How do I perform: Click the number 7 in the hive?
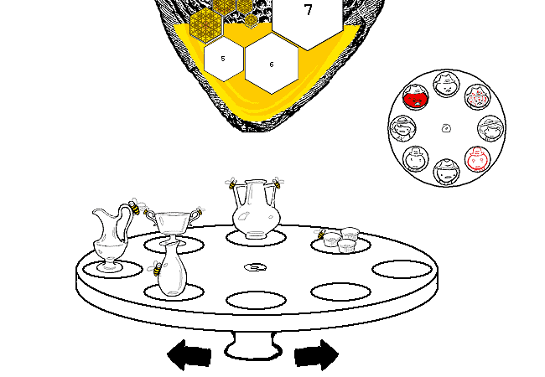coord(308,10)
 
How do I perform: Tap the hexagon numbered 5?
coord(224,59)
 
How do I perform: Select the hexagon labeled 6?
coord(272,64)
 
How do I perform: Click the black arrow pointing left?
coord(189,354)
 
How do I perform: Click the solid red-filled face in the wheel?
coord(416,97)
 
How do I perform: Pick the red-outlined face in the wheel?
coord(478,159)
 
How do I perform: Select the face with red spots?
coord(478,97)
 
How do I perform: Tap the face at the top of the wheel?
coord(447,85)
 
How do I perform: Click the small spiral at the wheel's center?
coord(447,128)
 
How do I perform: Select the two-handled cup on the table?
coord(173,224)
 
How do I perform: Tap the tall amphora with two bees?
coord(257,209)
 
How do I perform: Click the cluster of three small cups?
coord(340,240)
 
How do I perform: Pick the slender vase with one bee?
coord(173,270)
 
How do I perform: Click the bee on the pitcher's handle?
coord(134,207)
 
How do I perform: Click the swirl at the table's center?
coord(256,267)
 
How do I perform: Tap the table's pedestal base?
coord(253,346)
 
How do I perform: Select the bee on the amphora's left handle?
coord(231,183)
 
